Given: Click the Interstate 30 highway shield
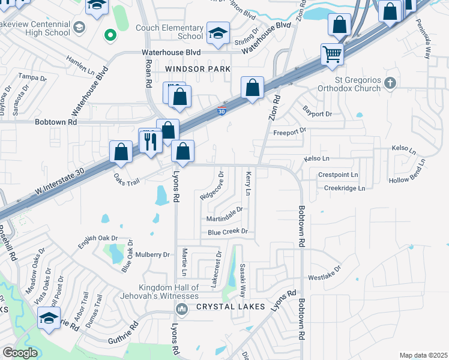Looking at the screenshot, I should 222,110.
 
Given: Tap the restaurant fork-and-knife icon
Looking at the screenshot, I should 149,141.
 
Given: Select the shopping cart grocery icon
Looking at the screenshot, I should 332,55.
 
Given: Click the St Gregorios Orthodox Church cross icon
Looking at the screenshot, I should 390,82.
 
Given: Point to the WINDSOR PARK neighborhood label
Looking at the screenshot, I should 197,70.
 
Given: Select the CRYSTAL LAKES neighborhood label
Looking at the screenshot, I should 231,307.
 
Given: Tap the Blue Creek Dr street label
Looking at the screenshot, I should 228,232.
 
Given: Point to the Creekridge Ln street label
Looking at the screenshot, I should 345,188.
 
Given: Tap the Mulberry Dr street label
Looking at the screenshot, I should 153,254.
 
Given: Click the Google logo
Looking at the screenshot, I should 20,353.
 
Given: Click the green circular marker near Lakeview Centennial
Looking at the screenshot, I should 109,35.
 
